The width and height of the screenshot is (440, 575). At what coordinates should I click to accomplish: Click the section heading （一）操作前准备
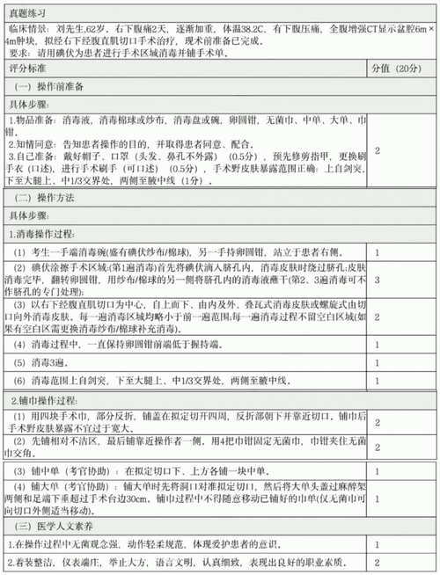[x=55, y=85]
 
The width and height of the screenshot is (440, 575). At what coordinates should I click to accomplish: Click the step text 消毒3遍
[x=44, y=362]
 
